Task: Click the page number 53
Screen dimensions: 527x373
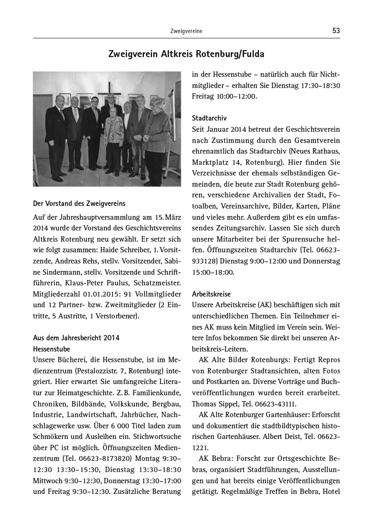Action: pyautogui.click(x=336, y=30)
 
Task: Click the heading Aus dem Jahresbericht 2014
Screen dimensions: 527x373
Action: pyautogui.click(x=76, y=338)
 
